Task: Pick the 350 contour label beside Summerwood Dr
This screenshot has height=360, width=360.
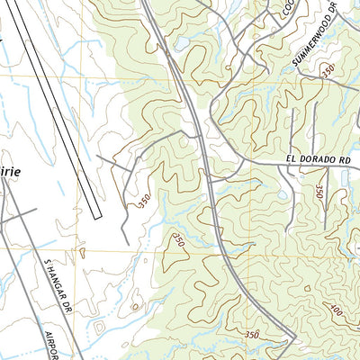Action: click(x=327, y=68)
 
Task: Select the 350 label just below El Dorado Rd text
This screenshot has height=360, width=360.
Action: click(x=319, y=190)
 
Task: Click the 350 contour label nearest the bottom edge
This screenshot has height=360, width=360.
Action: click(x=251, y=335)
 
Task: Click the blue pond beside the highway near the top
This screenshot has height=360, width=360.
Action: click(x=181, y=42)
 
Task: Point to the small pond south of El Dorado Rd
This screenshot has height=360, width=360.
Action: click(x=282, y=193)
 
